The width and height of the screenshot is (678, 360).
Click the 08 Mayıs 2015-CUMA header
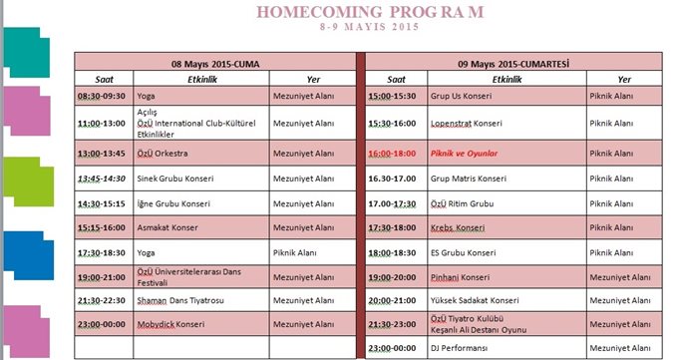click(x=213, y=63)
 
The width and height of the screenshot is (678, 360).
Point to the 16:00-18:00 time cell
click(x=393, y=154)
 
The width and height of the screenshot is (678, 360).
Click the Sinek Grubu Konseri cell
click(x=174, y=179)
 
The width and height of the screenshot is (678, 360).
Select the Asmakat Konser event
click(x=167, y=227)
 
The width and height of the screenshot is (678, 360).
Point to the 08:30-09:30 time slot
click(x=103, y=97)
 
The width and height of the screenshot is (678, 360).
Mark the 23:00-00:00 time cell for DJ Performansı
click(x=393, y=347)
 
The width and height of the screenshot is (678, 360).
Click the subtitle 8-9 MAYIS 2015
click(x=370, y=27)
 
